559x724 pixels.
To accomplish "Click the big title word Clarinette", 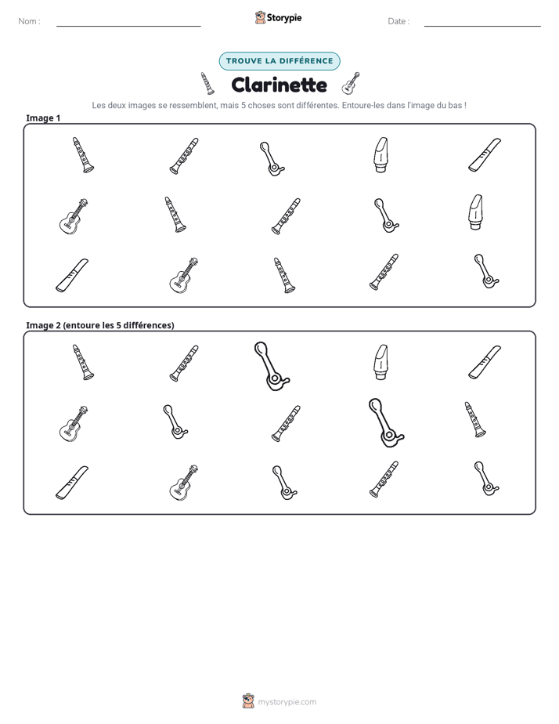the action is point(279,85).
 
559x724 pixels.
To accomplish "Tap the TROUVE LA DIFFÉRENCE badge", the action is point(279,61).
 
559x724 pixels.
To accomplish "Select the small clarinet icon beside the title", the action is point(207,84).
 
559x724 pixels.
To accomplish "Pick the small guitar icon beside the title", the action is point(351,84).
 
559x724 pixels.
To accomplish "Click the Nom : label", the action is point(30,21).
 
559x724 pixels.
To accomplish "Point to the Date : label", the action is point(399,21).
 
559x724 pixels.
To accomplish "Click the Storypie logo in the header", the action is point(278,17).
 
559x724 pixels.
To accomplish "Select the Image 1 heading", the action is point(43,118).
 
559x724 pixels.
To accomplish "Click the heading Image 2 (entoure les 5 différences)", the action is point(100,325).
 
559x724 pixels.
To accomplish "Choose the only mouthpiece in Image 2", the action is point(380,362).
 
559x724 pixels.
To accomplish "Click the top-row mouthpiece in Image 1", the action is point(380,154).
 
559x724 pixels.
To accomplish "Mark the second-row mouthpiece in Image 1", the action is point(475,212).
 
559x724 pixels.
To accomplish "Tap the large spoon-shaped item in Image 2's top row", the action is point(271,366).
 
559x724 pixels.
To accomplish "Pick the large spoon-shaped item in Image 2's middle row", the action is point(385,423).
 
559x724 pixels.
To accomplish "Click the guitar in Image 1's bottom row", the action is point(183,275).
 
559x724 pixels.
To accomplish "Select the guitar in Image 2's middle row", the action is point(74,423).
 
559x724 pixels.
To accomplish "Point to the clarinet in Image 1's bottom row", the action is point(284,275).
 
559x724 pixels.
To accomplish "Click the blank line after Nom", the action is point(128,26).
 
